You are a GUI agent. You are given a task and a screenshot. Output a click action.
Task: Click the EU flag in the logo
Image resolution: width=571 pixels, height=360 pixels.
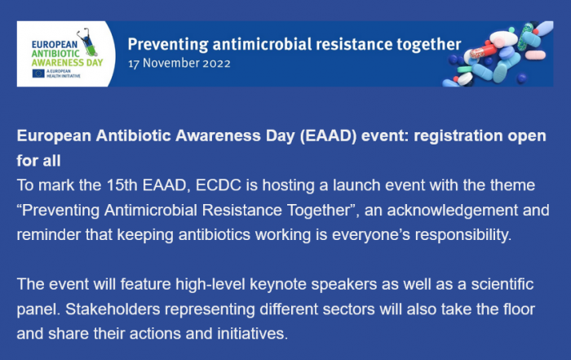click(x=38, y=73)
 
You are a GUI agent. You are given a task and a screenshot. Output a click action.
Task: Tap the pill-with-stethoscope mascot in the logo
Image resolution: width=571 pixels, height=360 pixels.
click(x=89, y=42)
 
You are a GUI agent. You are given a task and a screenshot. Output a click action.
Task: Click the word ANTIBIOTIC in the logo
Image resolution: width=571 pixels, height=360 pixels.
click(x=55, y=54)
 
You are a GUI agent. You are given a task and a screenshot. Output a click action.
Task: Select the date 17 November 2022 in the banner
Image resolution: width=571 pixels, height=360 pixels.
click(x=179, y=64)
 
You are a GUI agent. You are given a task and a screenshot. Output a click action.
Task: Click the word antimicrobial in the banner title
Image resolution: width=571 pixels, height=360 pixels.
click(x=262, y=44)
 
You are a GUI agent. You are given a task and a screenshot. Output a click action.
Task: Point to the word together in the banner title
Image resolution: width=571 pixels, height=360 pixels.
click(x=428, y=45)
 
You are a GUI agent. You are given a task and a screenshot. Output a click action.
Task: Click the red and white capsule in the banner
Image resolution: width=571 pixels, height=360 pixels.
click(x=483, y=51)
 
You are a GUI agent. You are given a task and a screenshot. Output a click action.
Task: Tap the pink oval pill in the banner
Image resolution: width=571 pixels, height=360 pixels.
click(x=535, y=55)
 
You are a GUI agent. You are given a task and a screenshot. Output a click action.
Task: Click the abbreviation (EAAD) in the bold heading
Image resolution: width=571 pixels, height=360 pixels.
click(x=328, y=136)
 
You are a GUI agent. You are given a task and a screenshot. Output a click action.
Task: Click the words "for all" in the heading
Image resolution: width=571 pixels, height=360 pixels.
click(x=38, y=161)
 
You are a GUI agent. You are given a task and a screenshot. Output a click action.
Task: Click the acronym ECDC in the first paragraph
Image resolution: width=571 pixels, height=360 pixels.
click(x=219, y=185)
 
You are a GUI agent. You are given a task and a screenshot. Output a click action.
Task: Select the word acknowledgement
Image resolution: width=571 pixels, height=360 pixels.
click(x=452, y=211)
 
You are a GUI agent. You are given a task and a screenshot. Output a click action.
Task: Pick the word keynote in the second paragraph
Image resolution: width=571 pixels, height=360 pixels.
click(x=278, y=285)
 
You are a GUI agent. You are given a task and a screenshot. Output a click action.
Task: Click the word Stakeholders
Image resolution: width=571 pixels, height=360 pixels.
click(x=113, y=309)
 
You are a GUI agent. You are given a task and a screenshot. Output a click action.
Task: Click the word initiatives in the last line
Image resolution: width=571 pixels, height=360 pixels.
click(x=252, y=334)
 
